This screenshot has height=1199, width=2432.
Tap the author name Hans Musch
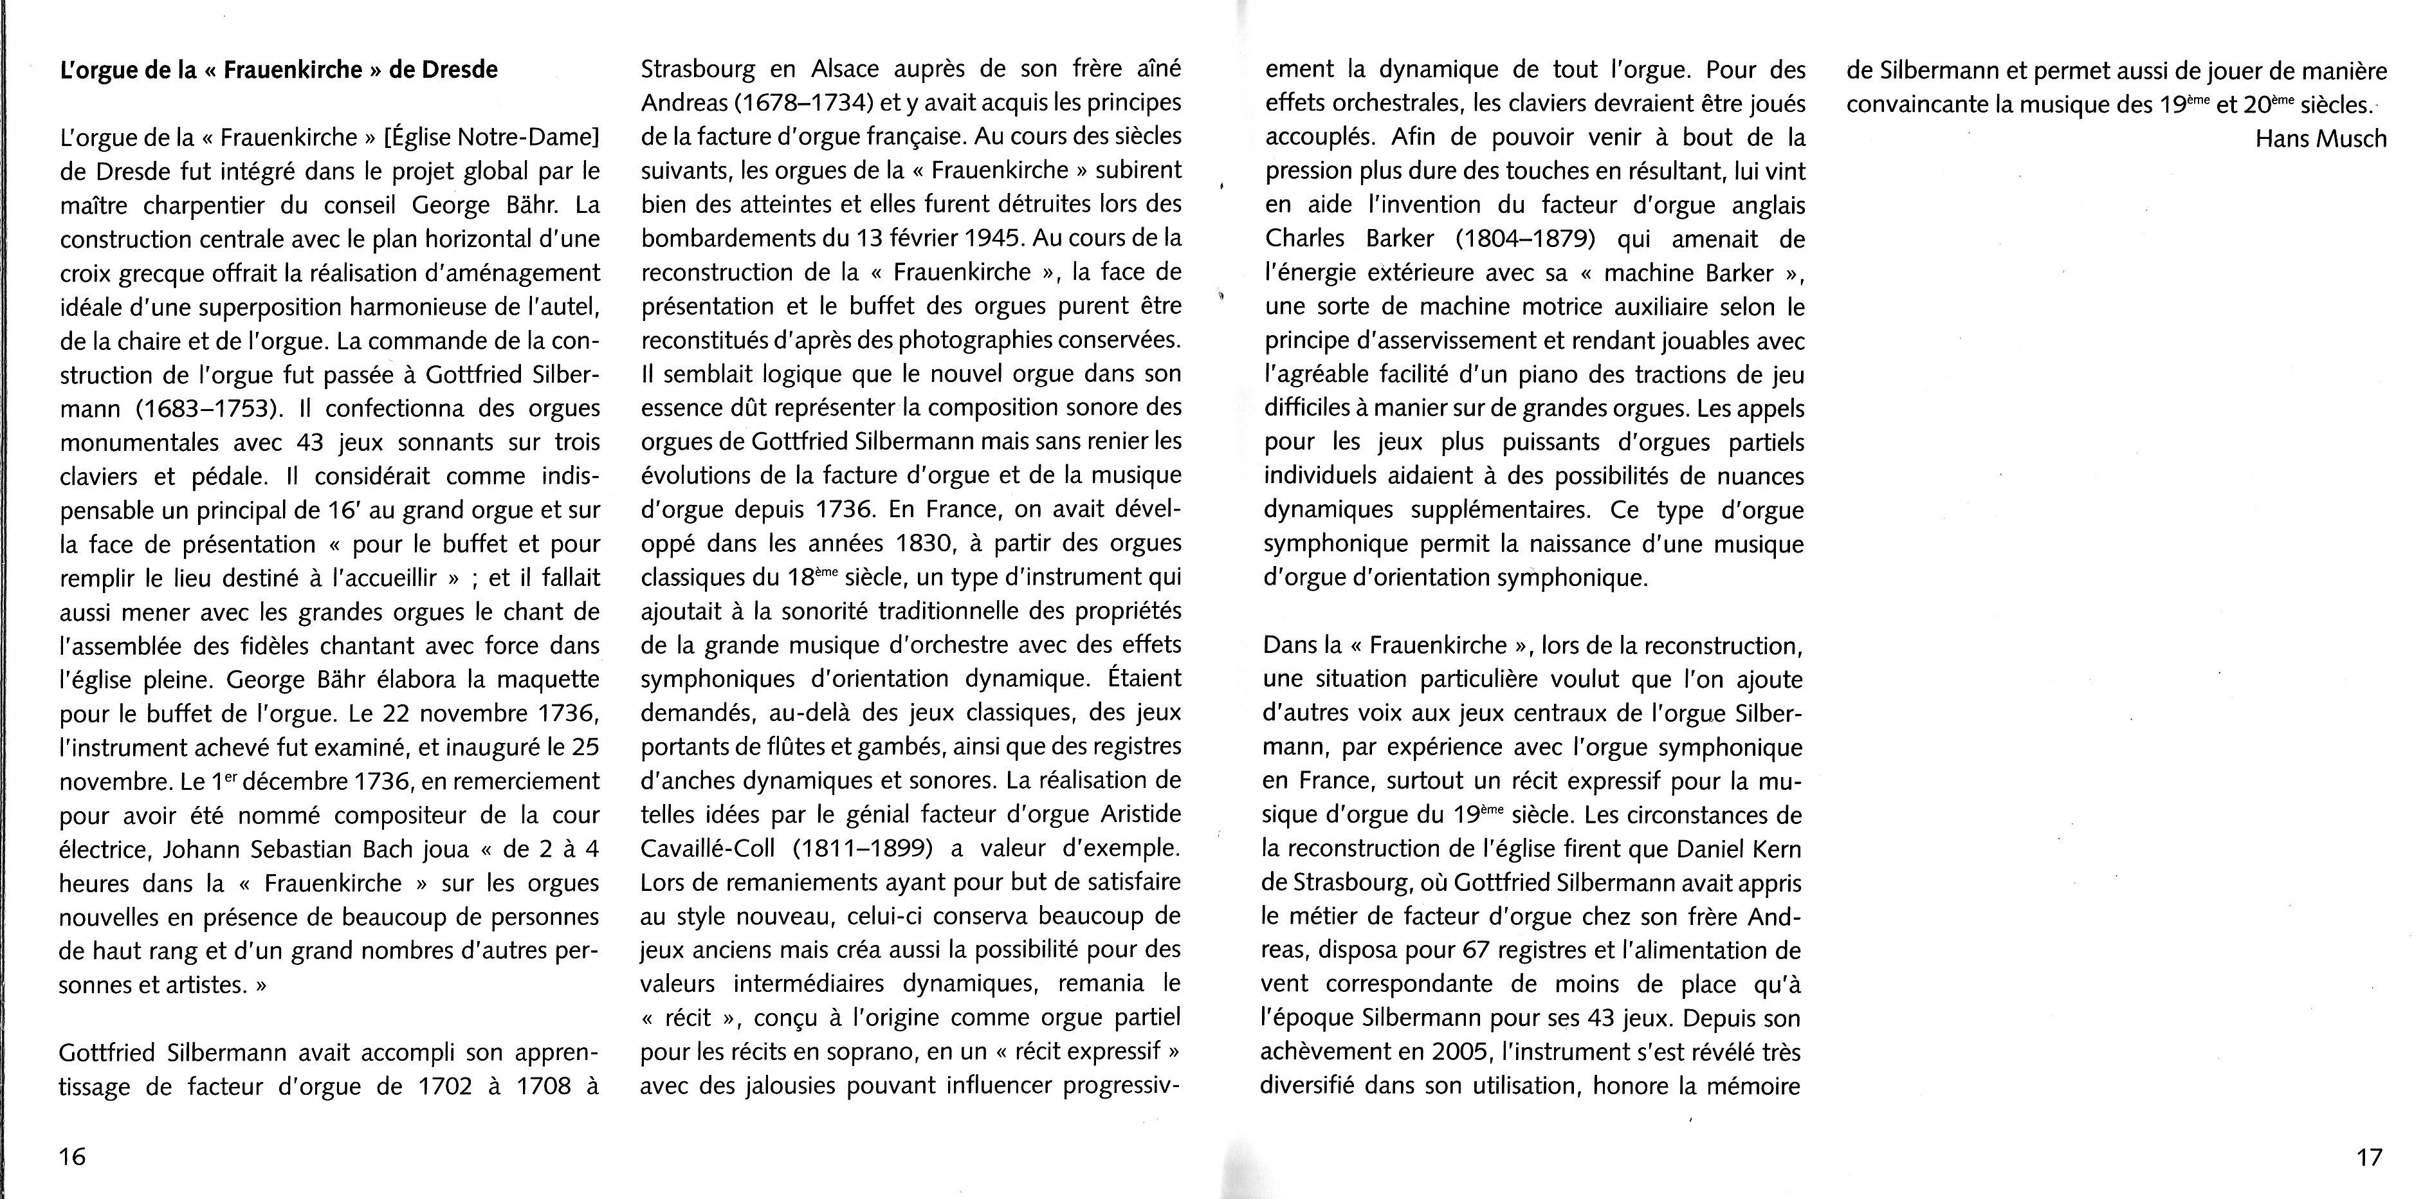(2321, 139)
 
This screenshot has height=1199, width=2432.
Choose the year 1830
(955, 544)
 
